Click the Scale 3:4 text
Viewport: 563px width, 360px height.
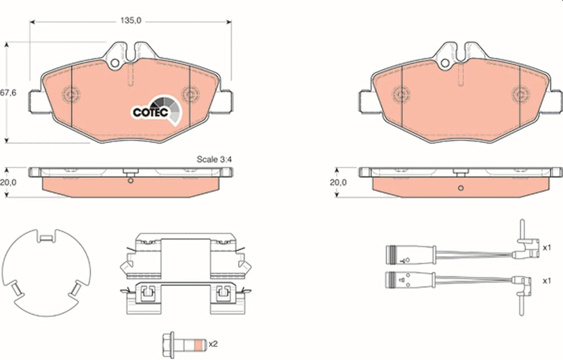[215, 159]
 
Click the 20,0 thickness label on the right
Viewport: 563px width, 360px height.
[338, 182]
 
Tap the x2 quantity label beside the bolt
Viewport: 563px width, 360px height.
[213, 344]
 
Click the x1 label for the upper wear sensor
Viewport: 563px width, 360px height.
[547, 247]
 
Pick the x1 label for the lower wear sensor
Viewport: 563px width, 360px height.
[547, 279]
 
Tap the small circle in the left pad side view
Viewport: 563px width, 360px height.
[130, 181]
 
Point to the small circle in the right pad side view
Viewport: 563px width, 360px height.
[461, 188]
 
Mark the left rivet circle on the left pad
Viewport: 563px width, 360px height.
[72, 94]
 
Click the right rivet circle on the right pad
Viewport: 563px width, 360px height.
[520, 94]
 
